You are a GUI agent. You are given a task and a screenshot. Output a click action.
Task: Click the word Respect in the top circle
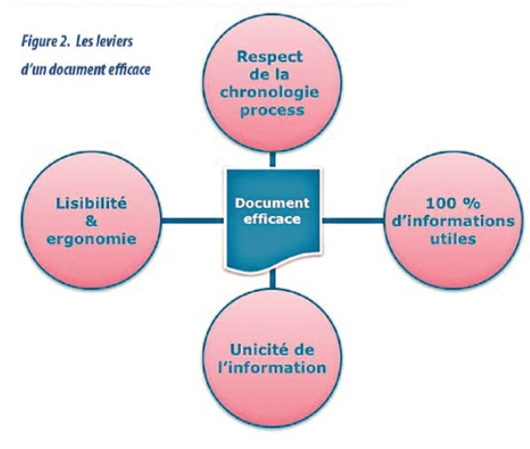(x=269, y=58)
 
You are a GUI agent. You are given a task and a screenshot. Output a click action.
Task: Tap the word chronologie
(x=269, y=93)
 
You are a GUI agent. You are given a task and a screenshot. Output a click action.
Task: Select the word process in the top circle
(x=272, y=111)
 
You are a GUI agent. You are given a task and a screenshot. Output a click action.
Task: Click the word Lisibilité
(x=91, y=203)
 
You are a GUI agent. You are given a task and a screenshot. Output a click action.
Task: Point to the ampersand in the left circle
(x=91, y=221)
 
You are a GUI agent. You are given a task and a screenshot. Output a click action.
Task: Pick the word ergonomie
(x=91, y=239)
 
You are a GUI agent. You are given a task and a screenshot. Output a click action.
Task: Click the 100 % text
(x=453, y=203)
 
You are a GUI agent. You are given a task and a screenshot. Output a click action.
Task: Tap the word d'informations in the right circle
(x=453, y=221)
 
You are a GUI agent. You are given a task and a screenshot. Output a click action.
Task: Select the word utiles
(x=453, y=239)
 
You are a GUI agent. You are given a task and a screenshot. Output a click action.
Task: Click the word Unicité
(x=256, y=350)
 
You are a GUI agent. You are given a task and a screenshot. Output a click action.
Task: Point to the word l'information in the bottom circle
(x=272, y=368)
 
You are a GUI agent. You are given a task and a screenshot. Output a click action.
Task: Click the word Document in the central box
(x=272, y=203)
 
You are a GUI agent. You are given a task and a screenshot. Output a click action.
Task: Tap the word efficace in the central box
(x=272, y=220)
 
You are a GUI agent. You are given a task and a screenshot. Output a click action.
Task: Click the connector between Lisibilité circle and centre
(x=192, y=220)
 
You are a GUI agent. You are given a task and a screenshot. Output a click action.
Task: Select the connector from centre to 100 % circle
(x=353, y=220)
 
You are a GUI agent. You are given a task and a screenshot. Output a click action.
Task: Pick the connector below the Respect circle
(x=273, y=159)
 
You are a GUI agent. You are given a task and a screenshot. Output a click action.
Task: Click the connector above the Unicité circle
(x=273, y=279)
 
